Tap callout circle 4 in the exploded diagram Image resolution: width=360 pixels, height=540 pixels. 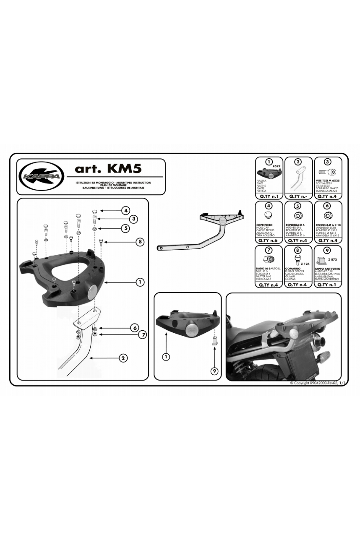point(126,211)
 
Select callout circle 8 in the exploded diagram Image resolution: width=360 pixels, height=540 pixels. point(140,241)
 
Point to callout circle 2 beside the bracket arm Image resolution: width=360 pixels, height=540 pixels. point(123,358)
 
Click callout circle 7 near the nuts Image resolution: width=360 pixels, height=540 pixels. point(142,334)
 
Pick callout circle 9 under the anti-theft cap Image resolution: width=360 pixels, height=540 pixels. point(214,371)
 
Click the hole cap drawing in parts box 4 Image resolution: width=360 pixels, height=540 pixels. point(269,215)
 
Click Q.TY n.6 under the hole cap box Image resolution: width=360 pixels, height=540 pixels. point(269,240)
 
